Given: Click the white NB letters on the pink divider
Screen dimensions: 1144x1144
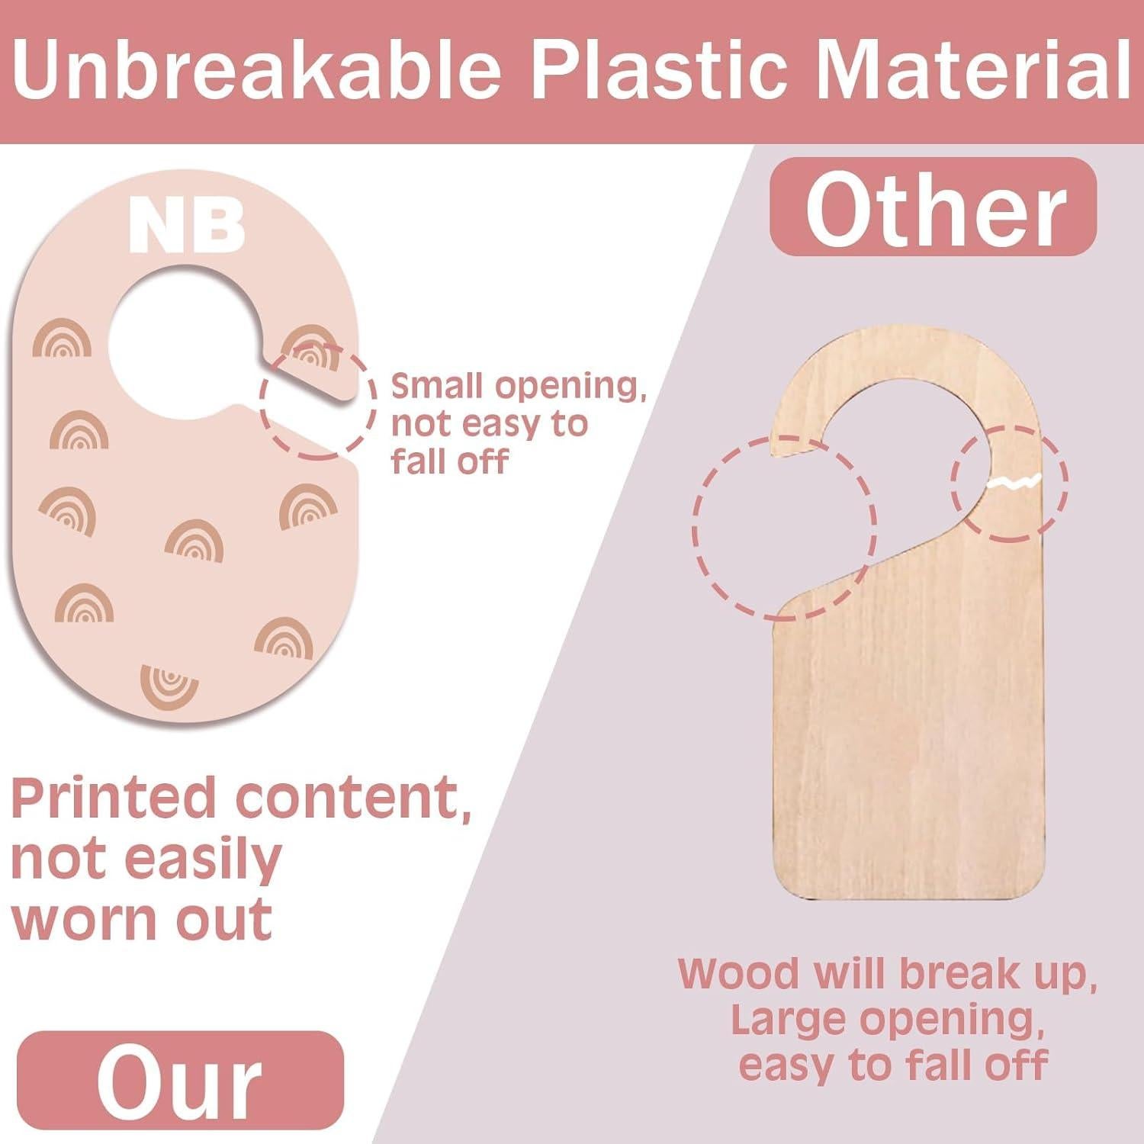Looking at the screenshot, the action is tap(187, 226).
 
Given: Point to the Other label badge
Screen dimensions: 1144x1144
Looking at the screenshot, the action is tap(934, 207).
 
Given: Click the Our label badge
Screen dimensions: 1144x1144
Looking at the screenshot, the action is tap(180, 1080).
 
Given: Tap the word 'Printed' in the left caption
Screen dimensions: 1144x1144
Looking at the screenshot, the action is tap(114, 798).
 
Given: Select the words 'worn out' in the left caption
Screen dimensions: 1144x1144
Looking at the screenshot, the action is tap(142, 919).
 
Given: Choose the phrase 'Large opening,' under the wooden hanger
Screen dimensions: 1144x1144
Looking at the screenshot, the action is tap(888, 1020).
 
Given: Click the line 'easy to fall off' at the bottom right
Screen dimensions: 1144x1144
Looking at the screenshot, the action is tap(893, 1065).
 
